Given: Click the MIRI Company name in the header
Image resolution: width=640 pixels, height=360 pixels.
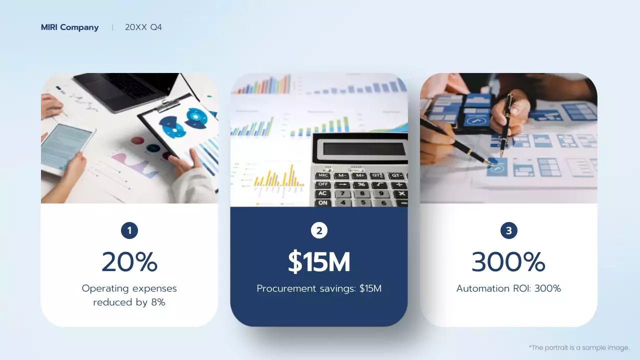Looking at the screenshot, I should click(69, 27).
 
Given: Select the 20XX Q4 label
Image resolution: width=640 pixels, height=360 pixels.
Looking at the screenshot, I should click(143, 27).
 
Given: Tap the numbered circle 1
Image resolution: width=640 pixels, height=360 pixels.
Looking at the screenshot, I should click(129, 230).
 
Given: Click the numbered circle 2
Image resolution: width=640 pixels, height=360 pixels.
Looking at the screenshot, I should click(319, 230).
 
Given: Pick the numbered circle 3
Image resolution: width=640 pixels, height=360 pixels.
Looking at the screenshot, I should click(508, 230).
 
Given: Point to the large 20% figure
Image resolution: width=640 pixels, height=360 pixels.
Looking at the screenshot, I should click(129, 261).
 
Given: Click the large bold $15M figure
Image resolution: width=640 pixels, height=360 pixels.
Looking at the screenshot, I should click(319, 261).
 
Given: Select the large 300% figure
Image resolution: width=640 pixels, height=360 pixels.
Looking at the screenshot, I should click(508, 261).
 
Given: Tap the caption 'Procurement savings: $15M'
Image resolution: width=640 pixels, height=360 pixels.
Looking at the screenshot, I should click(319, 288).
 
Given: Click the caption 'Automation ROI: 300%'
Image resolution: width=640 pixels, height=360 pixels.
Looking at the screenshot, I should click(508, 288).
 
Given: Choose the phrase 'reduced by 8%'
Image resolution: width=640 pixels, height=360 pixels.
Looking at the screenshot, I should click(129, 302).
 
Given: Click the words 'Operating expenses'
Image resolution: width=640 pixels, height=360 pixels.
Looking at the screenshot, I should click(129, 288).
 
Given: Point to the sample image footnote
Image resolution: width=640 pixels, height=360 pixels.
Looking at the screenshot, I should click(578, 347).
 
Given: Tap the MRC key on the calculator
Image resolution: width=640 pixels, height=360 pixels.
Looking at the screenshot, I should click(323, 175).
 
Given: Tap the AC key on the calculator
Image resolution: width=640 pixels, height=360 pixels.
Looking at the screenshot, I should click(323, 193).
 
